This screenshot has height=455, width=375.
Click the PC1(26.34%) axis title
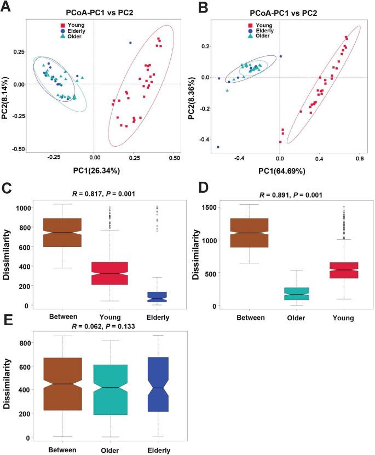(x=95, y=170)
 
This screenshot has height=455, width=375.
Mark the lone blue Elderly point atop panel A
(x=130, y=43)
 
